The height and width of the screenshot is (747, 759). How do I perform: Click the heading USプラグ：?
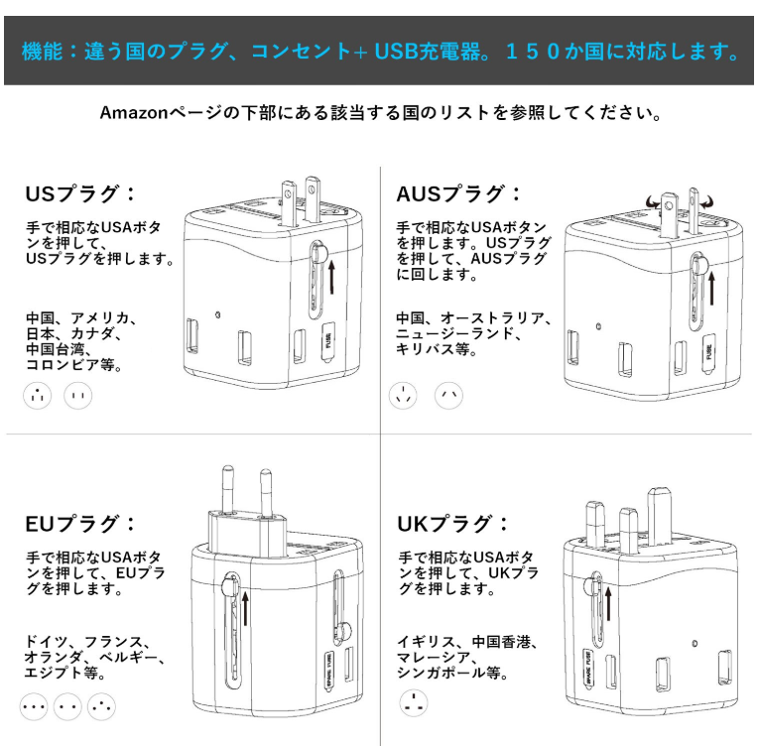(80, 193)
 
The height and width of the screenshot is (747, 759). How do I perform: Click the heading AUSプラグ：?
(458, 193)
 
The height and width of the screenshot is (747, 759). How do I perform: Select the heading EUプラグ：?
(80, 524)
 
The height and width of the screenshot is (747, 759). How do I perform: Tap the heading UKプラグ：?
(452, 524)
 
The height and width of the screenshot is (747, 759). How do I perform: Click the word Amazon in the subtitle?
(134, 113)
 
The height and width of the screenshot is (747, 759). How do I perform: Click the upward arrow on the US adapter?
(331, 278)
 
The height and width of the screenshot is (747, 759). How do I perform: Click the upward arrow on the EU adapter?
(245, 608)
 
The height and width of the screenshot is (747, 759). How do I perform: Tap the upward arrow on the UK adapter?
(608, 604)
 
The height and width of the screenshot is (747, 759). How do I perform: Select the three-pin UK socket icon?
(414, 703)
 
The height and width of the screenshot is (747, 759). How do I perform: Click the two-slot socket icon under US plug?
(78, 396)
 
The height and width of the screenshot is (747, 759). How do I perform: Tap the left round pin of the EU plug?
(227, 489)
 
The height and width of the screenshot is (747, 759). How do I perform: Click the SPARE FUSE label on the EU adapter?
(329, 670)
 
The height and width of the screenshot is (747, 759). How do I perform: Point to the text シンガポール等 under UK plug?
(452, 673)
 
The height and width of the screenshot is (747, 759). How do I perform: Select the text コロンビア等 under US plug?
(73, 364)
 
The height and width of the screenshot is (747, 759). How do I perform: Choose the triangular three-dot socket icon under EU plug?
(101, 706)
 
